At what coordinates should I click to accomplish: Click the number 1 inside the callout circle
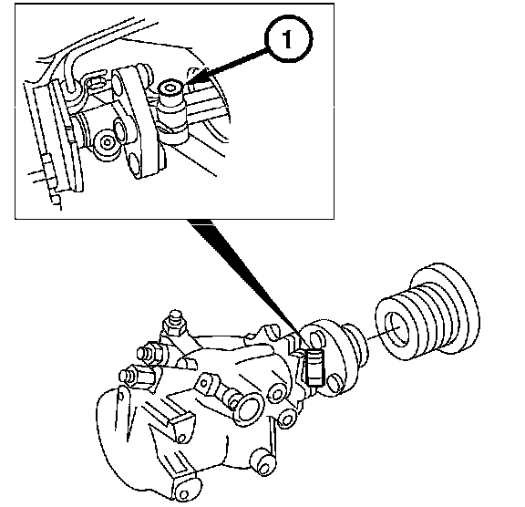pos(288,39)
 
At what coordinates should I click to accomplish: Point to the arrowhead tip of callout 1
pos(185,85)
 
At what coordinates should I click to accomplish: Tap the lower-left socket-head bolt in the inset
pos(108,142)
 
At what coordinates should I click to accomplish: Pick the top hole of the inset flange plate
pos(117,83)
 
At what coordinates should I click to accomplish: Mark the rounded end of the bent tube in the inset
pos(71,88)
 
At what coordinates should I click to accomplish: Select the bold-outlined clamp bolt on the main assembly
pos(314,367)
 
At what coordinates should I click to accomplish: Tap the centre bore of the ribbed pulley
pos(397,329)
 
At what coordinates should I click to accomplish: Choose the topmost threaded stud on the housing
pos(174,322)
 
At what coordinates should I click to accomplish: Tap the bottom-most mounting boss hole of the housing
pos(183,494)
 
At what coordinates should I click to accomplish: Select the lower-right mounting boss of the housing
pos(263,462)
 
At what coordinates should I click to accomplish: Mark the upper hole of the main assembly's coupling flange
pos(317,339)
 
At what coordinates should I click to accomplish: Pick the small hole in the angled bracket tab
pos(182,438)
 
